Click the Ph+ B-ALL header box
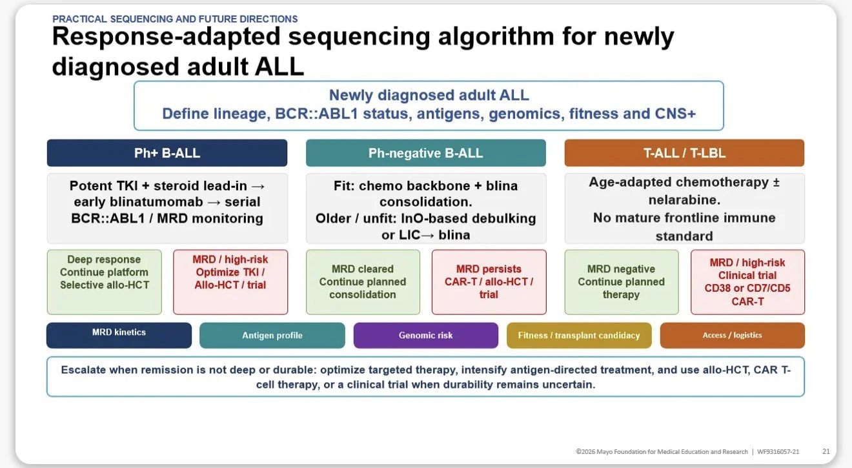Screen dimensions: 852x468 tap(167, 153)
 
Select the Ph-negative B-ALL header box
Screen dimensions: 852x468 tap(425, 153)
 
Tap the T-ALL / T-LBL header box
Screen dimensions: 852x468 tap(684, 153)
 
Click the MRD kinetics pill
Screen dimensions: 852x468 tap(119, 335)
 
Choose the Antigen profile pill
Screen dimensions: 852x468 tap(272, 335)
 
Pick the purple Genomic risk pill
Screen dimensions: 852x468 tap(425, 335)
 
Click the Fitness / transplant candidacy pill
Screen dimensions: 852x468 tap(579, 335)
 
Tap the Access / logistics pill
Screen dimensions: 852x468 tap(732, 335)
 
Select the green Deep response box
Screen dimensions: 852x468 tap(104, 282)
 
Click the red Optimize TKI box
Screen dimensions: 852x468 tap(230, 282)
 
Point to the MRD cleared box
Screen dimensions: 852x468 tap(363, 282)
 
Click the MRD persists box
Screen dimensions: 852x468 tap(489, 282)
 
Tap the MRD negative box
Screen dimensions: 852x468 tap(622, 282)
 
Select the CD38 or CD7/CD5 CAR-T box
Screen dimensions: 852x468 tap(748, 282)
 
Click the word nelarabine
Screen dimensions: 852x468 tap(683, 199)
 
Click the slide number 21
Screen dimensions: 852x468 tap(826, 451)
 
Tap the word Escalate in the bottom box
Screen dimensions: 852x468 tap(85, 370)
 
